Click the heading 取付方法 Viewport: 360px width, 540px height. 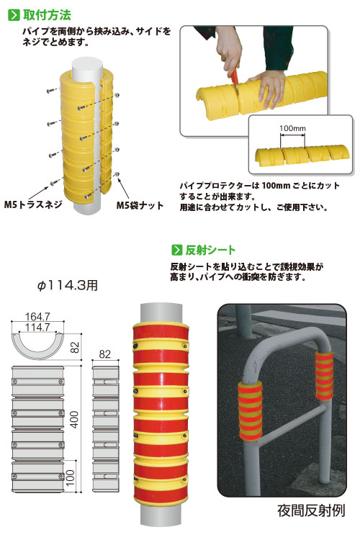click(47, 15)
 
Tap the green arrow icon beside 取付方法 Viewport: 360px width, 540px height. click(14, 16)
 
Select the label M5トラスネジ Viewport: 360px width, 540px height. click(33, 204)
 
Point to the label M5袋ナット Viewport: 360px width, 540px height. click(140, 206)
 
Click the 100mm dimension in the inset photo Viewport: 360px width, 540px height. click(292, 128)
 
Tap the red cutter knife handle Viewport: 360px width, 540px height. click(235, 76)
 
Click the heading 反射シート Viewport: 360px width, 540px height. click(210, 250)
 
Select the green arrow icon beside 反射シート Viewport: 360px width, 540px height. click(176, 250)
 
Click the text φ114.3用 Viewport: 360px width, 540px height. click(67, 285)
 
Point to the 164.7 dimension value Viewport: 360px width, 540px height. click(37, 316)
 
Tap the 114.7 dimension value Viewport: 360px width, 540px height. click(37, 327)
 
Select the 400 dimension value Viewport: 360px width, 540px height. click(74, 419)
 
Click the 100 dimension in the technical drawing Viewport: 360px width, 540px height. click(70, 478)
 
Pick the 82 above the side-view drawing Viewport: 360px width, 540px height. click(104, 354)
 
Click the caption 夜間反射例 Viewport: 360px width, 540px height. click(311, 510)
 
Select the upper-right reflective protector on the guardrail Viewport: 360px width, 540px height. click(324, 375)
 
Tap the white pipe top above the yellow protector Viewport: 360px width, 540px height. click(87, 68)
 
